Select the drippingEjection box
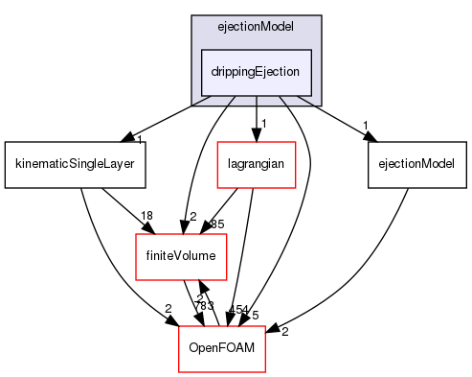tap(256, 70)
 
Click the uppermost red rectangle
tap(256, 165)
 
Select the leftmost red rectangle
tap(181, 257)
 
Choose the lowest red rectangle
tap(221, 349)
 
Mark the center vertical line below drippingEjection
tap(256, 99)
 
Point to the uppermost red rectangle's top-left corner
tap(217, 142)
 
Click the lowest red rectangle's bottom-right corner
tap(264, 371)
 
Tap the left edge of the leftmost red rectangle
tap(136, 257)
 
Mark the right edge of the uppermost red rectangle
tap(295, 165)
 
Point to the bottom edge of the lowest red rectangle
tap(221, 371)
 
